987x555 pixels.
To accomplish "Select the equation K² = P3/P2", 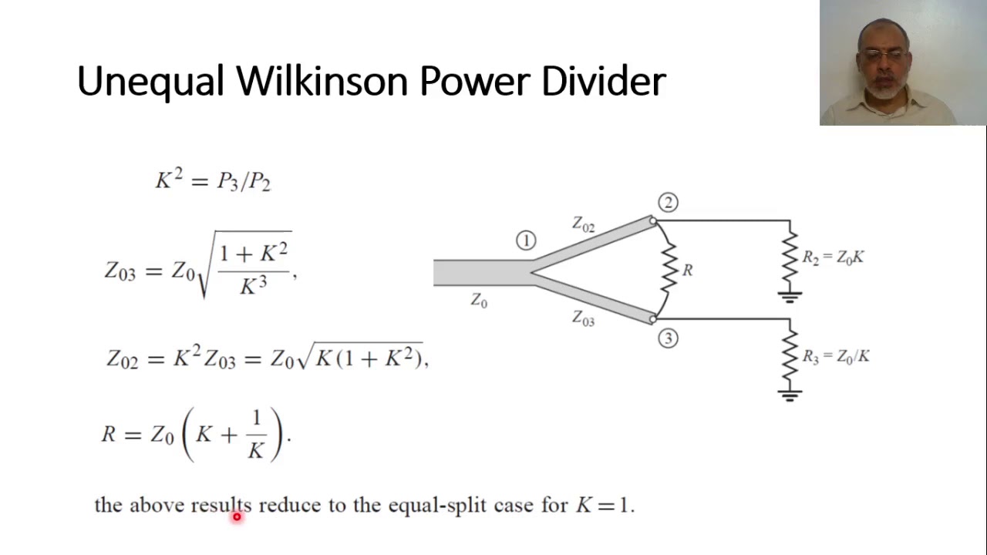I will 213,180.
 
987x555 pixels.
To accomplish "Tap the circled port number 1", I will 526,241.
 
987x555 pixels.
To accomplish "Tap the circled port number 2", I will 668,203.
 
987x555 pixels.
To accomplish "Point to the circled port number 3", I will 668,338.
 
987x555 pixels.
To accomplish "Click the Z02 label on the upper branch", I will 583,224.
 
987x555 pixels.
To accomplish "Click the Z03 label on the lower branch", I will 583,318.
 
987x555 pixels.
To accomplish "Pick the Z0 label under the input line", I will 479,301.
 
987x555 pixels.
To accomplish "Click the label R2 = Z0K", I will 833,257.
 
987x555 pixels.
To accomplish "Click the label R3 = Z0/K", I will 835,356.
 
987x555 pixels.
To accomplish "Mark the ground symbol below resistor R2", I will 790,296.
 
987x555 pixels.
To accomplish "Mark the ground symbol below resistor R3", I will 790,395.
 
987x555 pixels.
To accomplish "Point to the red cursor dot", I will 237,517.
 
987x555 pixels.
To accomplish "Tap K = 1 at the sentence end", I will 604,506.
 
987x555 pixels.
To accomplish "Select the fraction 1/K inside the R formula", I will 256,435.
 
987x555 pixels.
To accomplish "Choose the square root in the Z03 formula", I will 245,264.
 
